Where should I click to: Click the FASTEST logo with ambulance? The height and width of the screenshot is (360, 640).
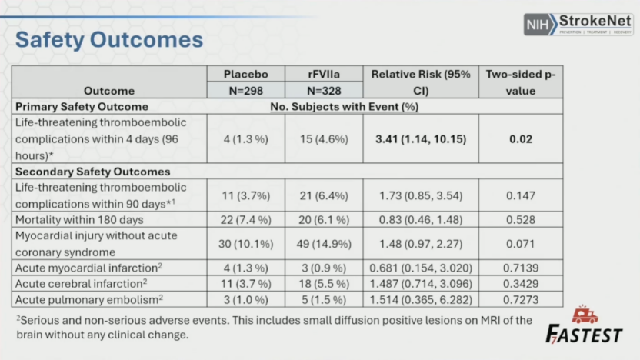pyautogui.click(x=584, y=326)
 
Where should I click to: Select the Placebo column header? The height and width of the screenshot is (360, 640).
pyautogui.click(x=246, y=75)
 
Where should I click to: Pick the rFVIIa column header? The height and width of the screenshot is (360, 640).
pyautogui.click(x=322, y=75)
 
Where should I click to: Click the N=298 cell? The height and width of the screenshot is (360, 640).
pyautogui.click(x=246, y=91)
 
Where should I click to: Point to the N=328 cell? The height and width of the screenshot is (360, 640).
pyautogui.click(x=322, y=91)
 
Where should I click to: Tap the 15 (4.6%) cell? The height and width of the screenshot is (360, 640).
pyautogui.click(x=322, y=140)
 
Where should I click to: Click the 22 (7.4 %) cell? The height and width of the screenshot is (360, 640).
pyautogui.click(x=246, y=221)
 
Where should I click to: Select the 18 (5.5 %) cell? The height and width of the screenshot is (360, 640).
pyautogui.click(x=322, y=284)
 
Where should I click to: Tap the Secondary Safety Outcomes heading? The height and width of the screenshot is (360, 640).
pyautogui.click(x=92, y=172)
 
